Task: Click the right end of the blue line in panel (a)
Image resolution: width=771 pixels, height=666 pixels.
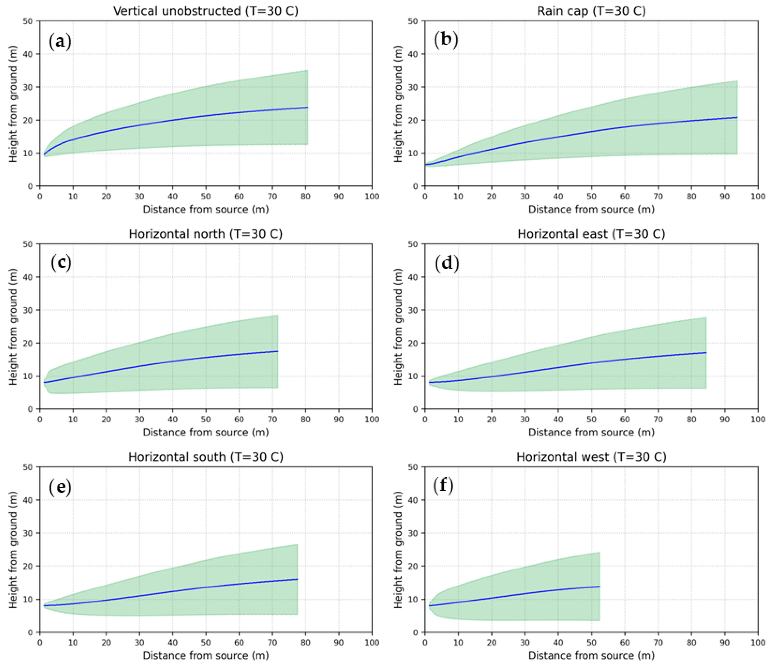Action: coord(307,108)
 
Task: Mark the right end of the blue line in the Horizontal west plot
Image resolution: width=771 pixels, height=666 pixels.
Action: coord(600,586)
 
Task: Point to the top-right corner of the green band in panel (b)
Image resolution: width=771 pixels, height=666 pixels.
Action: coord(737,81)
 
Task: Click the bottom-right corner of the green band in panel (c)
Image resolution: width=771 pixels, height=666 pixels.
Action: coord(278,388)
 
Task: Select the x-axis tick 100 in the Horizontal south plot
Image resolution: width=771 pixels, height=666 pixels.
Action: coord(372,643)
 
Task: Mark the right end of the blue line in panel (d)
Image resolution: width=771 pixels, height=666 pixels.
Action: coord(706,353)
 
